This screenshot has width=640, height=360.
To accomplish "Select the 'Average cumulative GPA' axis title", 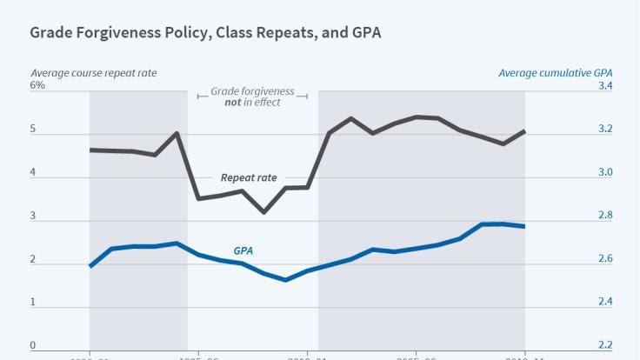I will (554, 72).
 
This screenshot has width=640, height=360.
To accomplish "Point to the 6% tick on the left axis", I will (37, 85).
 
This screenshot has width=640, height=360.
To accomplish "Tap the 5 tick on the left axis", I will (33, 130).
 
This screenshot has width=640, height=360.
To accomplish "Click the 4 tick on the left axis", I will (33, 173).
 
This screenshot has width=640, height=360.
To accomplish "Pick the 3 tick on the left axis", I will (33, 217).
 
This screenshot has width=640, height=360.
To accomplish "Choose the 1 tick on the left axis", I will (33, 302).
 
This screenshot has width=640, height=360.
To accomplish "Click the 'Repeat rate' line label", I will (249, 177).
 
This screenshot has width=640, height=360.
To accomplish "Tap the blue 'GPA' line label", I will (243, 250).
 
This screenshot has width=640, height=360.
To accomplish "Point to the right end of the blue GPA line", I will (524, 226).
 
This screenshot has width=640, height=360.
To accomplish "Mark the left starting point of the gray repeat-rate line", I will (90, 150).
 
